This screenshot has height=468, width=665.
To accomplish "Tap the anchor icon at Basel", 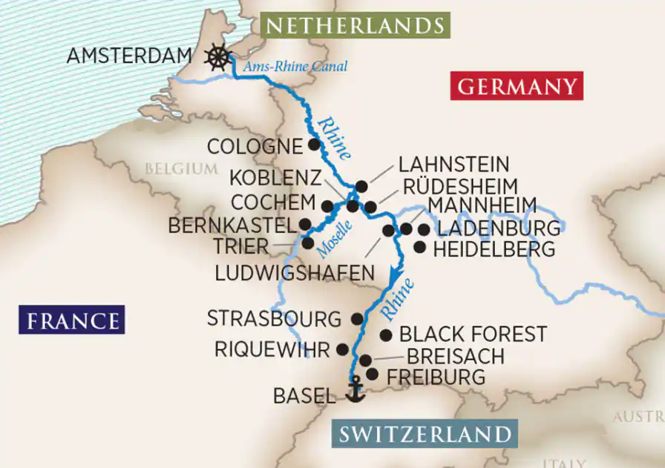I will coord(356,390).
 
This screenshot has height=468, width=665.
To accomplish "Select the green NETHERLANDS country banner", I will coord(356,26).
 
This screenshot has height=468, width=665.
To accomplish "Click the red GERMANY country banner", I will coord(517,86).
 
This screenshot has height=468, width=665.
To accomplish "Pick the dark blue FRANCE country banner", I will coord(72,320).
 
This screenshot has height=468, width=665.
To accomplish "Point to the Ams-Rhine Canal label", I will coord(296,67).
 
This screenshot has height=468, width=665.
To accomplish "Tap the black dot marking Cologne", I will coord(315,145).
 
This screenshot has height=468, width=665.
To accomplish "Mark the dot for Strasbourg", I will coord(357,319).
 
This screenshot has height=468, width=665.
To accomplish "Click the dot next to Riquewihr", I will coord(342,349).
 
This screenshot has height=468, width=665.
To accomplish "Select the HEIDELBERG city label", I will coord(494,250).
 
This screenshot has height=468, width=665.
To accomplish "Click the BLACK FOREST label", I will coord(473,334).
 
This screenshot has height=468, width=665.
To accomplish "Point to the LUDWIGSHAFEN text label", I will coord(295,274).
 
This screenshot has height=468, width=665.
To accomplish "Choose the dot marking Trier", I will coord(308,243).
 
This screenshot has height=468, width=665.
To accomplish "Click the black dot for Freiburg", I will coord(372,375).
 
